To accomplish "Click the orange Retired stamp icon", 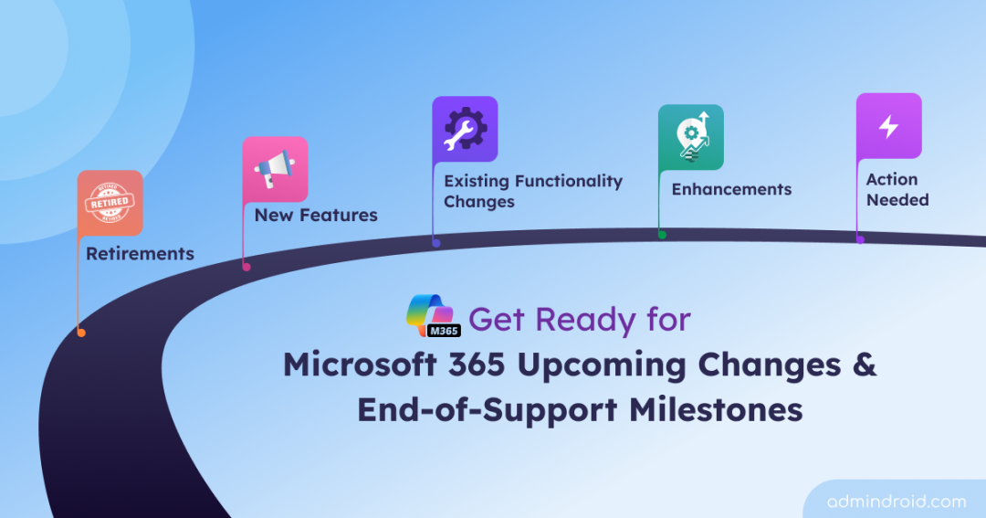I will coord(110,203).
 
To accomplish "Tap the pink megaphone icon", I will coord(275,170).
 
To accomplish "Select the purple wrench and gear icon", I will coord(465,130).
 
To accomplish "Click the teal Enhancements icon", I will coord(691,137).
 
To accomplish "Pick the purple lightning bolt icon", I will coord(888,126).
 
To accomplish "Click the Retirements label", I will coord(140,254).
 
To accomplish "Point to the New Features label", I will coord(316,216).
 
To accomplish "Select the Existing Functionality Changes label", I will coord(533,191).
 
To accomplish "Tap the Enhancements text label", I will coord(731,190).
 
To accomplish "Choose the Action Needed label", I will coord(897,190).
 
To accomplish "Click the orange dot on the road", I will coord(81,333).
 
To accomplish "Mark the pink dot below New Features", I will coord(246,267).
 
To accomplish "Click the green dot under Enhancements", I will coord(662,235).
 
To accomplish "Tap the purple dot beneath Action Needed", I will coord(860,239).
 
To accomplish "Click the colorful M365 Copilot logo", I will coord(433,316).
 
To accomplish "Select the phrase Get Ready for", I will coord(580,320).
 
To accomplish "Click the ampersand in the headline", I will coord(864,365).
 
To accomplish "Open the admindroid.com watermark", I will coord(896,501).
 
